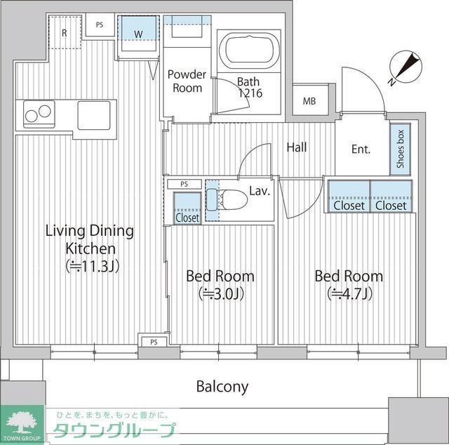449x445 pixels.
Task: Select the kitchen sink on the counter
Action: tap(94, 115)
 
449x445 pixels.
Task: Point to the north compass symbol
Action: tap(406, 67)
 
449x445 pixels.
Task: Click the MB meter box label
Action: tap(309, 101)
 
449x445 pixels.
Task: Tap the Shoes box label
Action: tap(400, 149)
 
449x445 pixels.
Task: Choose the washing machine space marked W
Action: tap(138, 34)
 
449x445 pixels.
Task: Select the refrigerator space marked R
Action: tap(65, 32)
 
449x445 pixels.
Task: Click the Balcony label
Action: tap(222, 387)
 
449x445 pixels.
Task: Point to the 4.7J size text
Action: tap(349, 294)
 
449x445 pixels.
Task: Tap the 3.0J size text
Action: tap(221, 294)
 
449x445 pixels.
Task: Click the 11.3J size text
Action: tap(92, 267)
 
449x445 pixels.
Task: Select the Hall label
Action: tap(297, 147)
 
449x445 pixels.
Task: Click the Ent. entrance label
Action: tap(361, 149)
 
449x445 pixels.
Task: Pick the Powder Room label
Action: tap(187, 81)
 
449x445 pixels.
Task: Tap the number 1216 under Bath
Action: tap(250, 93)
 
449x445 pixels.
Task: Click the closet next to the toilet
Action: tap(187, 208)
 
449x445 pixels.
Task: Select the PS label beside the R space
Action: tap(100, 25)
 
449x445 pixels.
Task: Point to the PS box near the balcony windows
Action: tap(154, 342)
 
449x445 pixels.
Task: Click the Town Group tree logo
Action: tap(22, 423)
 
